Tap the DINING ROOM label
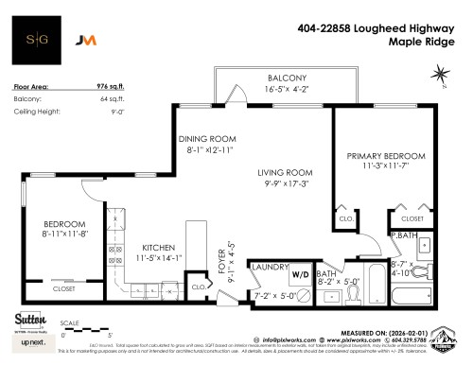pos(205,139)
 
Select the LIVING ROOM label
pos(286,172)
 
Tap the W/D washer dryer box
pos(300,276)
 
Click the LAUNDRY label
pos(271,268)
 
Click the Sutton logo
pos(27,318)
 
